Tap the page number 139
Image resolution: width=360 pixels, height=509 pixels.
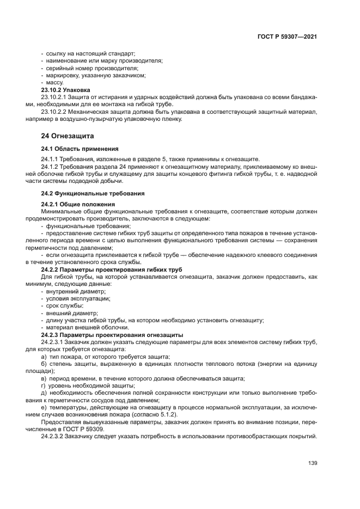click(312, 463)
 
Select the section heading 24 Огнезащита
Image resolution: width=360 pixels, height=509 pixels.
click(68, 136)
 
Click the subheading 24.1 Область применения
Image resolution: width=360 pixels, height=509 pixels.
click(80, 148)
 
